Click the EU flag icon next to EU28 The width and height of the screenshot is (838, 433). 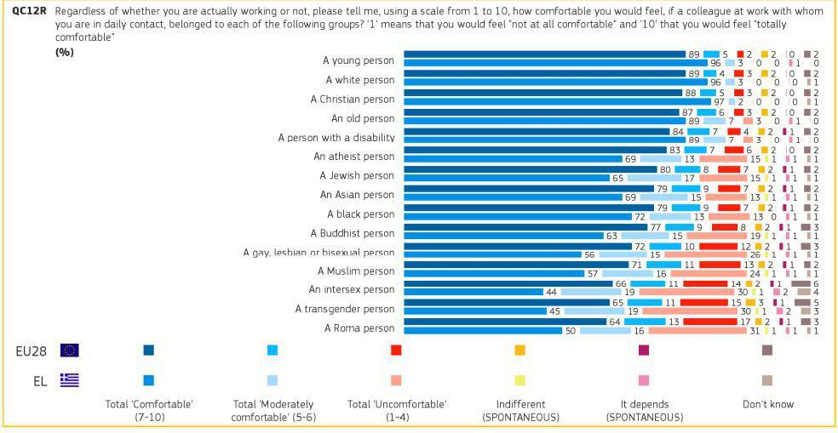[70, 350]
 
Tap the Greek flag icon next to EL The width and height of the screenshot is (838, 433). [70, 380]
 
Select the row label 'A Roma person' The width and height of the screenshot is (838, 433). [359, 328]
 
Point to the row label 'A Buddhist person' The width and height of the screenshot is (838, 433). [352, 233]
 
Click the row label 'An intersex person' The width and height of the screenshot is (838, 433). [352, 290]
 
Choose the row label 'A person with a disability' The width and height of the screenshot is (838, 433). [336, 137]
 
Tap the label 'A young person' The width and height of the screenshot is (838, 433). [359, 60]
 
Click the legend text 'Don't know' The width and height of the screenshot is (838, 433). [767, 404]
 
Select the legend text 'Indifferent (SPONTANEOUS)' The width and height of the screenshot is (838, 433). [520, 411]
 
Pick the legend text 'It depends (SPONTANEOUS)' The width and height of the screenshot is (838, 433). [644, 411]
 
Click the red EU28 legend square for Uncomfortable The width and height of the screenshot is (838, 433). [396, 350]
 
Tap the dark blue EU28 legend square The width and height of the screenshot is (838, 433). [149, 350]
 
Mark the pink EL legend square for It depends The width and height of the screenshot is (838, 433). [644, 380]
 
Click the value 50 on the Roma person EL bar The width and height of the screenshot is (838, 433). [571, 331]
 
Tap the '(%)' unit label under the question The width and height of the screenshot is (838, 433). [65, 53]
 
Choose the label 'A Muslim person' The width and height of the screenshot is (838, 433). [355, 271]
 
